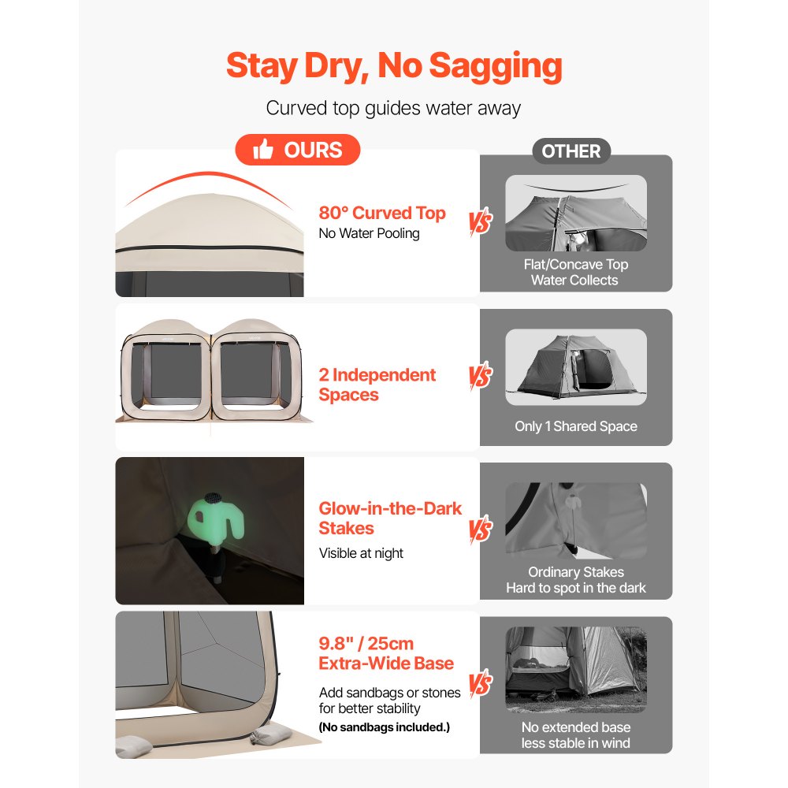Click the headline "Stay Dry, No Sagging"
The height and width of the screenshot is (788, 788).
coord(394,66)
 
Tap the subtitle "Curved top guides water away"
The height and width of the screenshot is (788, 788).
coord(393,108)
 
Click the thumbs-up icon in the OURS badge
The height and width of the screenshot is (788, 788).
coord(263,149)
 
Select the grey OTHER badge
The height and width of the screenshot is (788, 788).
coord(571,151)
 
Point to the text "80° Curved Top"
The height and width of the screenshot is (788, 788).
coord(382,213)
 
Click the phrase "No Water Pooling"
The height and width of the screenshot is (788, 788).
coord(370,233)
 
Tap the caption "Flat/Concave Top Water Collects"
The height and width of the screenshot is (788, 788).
coord(575,272)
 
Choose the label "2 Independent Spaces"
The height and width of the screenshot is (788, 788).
coord(377,385)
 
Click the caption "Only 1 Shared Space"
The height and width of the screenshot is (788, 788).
coord(576,426)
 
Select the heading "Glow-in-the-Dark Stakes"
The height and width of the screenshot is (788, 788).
coord(390,519)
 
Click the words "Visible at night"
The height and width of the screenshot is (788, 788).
coord(361,553)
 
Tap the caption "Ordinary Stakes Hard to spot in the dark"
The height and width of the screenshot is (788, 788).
coord(576,579)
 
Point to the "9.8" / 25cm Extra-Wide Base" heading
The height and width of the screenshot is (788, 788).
coord(386,652)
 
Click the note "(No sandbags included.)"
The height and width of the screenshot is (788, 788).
coord(385,727)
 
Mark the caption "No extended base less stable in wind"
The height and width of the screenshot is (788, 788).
coord(576,734)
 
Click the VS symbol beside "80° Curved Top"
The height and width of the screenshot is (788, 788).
coord(481,222)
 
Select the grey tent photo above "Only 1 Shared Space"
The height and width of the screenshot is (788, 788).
coord(576,367)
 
